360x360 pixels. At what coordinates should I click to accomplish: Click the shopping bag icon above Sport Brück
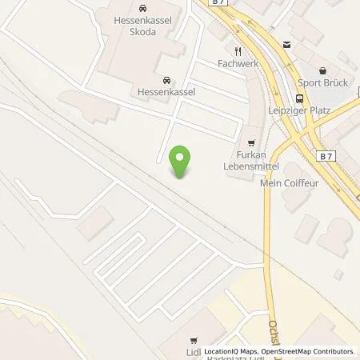pyautogui.click(x=322, y=70)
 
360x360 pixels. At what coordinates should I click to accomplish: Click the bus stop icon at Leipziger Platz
pyautogui.click(x=299, y=98)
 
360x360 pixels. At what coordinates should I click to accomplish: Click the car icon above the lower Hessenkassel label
pyautogui.click(x=166, y=79)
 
